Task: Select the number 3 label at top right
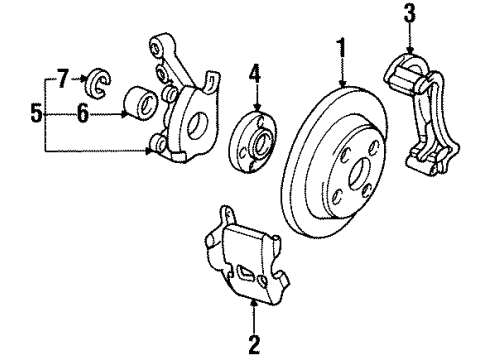click(x=408, y=14)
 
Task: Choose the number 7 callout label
click(x=62, y=76)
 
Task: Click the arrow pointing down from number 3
click(x=408, y=45)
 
